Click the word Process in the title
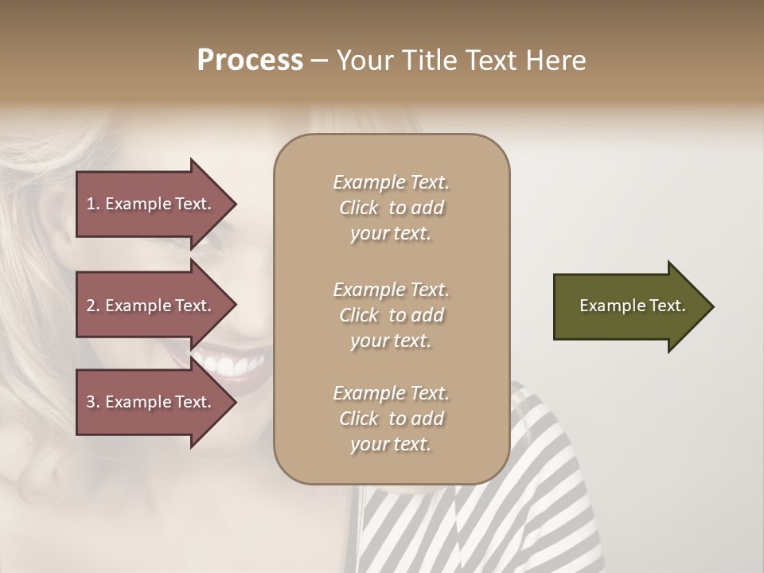(250, 60)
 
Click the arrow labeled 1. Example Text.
(151, 204)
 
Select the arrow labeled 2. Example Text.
(151, 306)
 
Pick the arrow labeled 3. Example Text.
(151, 402)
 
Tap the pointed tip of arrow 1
(234, 205)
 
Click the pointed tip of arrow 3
(234, 402)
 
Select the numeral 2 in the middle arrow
(91, 306)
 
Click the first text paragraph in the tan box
(391, 208)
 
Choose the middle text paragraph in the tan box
(391, 315)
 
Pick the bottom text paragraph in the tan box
(391, 419)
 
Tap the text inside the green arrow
(632, 306)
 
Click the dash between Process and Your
(319, 60)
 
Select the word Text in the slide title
(487, 60)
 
